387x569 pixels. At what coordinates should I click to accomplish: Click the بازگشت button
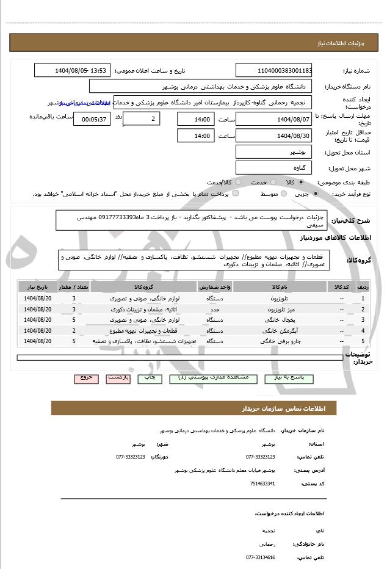click(118, 379)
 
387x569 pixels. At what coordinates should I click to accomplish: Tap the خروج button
click(87, 379)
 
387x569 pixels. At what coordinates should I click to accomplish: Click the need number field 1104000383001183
click(274, 71)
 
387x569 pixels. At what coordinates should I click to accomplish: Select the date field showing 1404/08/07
click(274, 118)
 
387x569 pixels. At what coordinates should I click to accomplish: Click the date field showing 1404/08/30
click(274, 136)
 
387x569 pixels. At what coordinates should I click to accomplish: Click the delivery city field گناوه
click(274, 167)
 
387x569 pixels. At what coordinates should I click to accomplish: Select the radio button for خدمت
click(272, 183)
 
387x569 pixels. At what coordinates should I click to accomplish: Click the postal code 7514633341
click(262, 484)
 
